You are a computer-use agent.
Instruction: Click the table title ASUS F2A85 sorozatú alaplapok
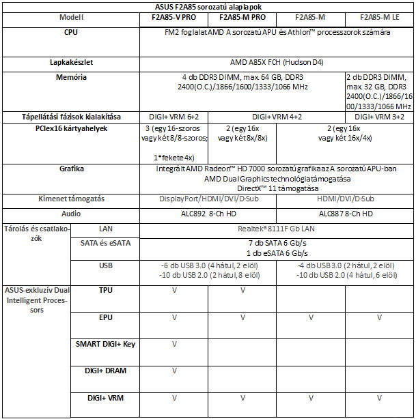pyautogui.click(x=208, y=7)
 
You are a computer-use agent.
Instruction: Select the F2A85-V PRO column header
pyautogui.click(x=173, y=17)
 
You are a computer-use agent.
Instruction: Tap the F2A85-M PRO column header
pyautogui.click(x=242, y=17)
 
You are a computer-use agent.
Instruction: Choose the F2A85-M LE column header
pyautogui.click(x=378, y=17)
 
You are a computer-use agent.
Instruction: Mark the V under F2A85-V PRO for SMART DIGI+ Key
pyautogui.click(x=173, y=344)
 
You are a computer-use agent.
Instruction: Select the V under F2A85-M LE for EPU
pyautogui.click(x=378, y=317)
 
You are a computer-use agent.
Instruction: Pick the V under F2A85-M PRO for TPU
pyautogui.click(x=242, y=290)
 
